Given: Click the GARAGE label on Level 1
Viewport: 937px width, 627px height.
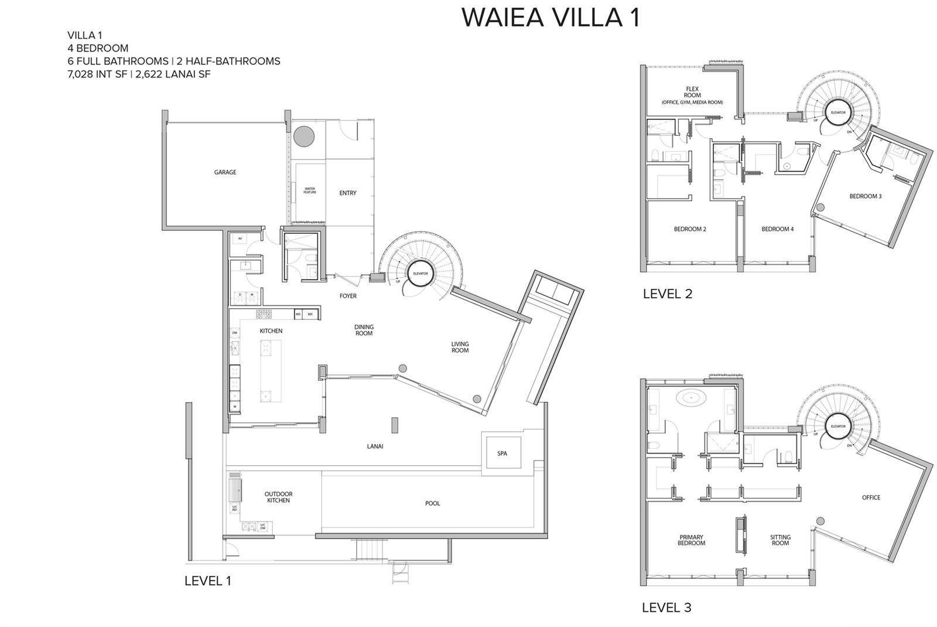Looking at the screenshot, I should [225, 172].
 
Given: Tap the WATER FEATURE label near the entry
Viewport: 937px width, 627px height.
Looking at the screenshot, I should [310, 190].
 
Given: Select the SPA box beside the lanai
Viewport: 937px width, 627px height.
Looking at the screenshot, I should [502, 453].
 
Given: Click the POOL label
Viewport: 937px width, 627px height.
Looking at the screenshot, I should [432, 503].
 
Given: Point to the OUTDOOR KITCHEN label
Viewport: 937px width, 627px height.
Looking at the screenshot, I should [278, 497].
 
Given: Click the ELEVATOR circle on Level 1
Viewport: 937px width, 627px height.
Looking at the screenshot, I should [420, 274].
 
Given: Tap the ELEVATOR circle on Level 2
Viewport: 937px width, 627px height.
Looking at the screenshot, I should [837, 113].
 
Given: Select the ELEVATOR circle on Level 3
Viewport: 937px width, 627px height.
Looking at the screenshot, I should [837, 426].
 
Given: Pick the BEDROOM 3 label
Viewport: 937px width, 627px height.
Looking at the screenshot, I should [865, 196].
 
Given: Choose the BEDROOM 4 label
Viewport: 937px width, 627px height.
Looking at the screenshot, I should [777, 229].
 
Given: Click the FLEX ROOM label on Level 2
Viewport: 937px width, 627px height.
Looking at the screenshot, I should [692, 93].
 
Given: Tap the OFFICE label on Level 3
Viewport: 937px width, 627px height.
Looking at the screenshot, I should [871, 497].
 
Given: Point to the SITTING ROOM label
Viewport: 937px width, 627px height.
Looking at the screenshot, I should [780, 540].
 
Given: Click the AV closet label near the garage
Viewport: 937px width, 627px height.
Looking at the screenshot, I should [240, 238].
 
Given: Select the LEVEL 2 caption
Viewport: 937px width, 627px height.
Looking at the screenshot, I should [667, 294].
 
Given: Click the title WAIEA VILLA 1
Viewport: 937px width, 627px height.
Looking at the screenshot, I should [550, 18].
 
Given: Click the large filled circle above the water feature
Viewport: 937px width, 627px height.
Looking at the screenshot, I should [303, 137].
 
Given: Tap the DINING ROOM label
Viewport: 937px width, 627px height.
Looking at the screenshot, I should [364, 330].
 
